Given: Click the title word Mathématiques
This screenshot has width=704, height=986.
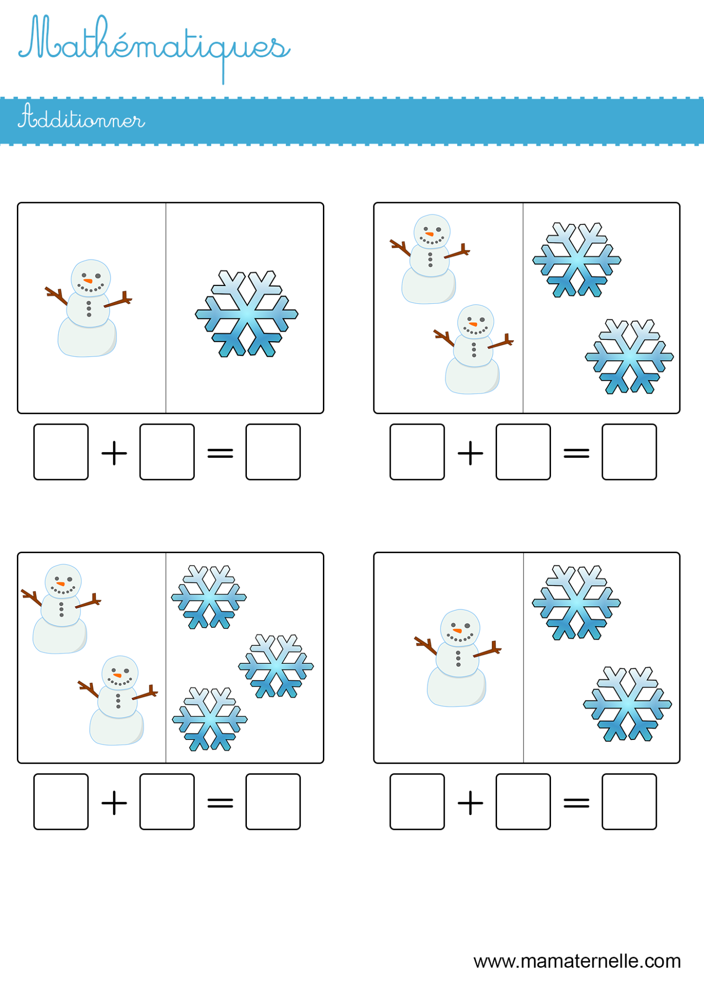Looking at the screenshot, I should pyautogui.click(x=154, y=46).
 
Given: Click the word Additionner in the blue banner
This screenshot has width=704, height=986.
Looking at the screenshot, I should pyautogui.click(x=81, y=118).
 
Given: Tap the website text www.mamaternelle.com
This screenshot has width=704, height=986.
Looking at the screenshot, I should pyautogui.click(x=576, y=961).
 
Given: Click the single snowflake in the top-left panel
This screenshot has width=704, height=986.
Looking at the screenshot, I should pyautogui.click(x=246, y=314).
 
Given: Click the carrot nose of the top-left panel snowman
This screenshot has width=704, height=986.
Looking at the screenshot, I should pyautogui.click(x=88, y=281).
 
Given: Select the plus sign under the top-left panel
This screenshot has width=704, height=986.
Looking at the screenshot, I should pyautogui.click(x=114, y=453).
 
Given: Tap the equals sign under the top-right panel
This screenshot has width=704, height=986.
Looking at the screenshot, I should pyautogui.click(x=576, y=453).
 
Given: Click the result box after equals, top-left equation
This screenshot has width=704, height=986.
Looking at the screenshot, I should pyautogui.click(x=273, y=452).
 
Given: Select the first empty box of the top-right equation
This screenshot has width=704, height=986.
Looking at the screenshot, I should pyautogui.click(x=417, y=452).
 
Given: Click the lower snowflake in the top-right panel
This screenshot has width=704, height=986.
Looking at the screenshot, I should pyautogui.click(x=629, y=357).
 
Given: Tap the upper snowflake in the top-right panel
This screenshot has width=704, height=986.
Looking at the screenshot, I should pyautogui.click(x=576, y=260).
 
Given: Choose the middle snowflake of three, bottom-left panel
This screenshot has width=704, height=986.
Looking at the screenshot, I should pyautogui.click(x=276, y=666).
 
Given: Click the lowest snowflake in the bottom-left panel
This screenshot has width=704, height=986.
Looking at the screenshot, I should pyautogui.click(x=210, y=719).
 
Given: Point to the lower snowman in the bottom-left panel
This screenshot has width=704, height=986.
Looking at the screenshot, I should pyautogui.click(x=117, y=701).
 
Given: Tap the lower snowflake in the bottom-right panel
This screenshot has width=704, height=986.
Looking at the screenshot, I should pyautogui.click(x=627, y=704).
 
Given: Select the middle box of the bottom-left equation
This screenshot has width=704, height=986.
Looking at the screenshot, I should pyautogui.click(x=167, y=802).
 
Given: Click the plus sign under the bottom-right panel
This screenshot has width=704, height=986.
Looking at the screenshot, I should pyautogui.click(x=470, y=803).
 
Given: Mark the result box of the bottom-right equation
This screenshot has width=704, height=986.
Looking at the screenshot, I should pyautogui.click(x=629, y=802).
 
